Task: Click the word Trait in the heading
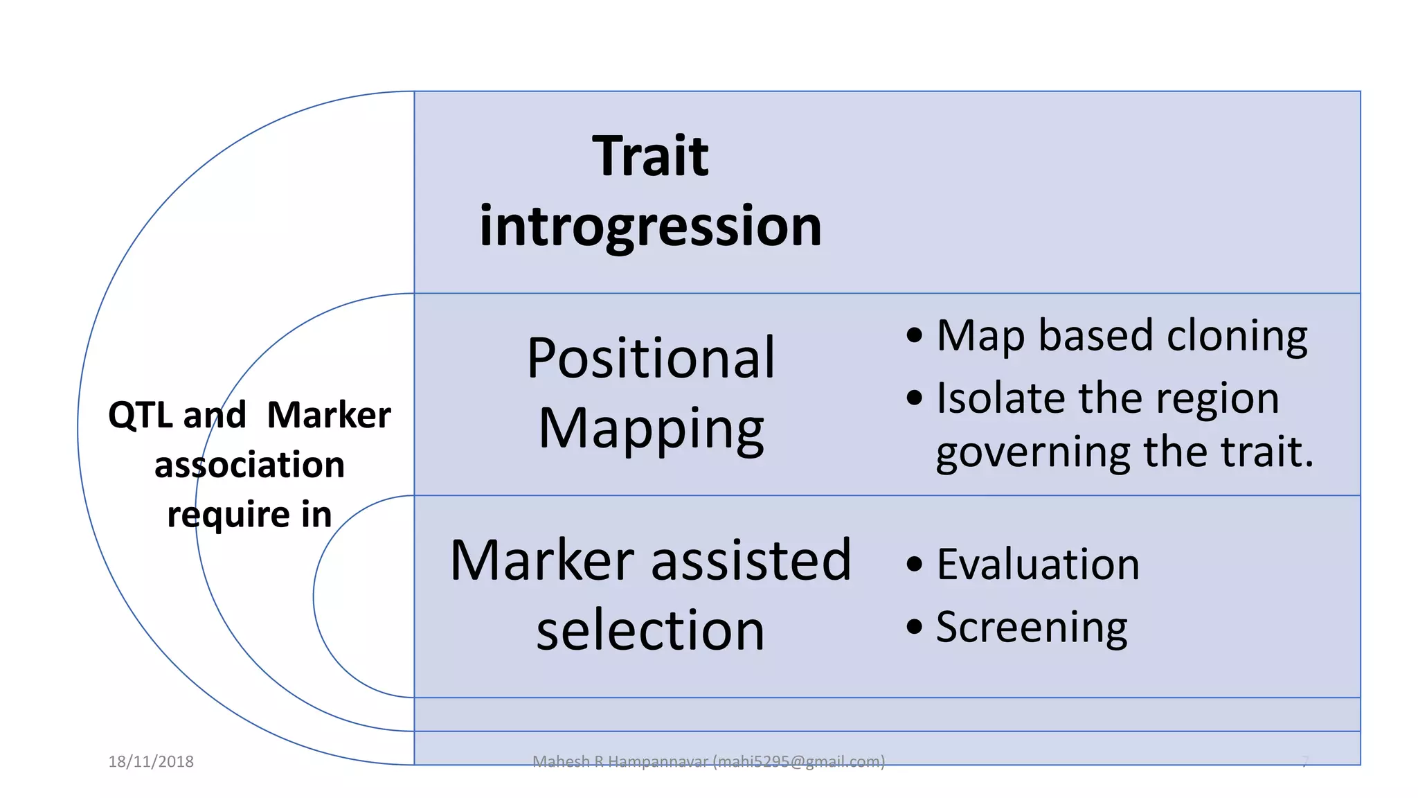click(650, 157)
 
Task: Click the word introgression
click(650, 227)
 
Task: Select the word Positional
click(650, 358)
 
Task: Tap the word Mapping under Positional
click(650, 429)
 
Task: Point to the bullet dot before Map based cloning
click(914, 335)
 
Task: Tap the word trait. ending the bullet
click(1266, 452)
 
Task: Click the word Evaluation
click(1037, 565)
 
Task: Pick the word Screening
click(1032, 628)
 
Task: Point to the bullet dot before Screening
click(914, 627)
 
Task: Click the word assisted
click(751, 560)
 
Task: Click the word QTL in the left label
click(141, 416)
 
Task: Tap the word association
click(249, 465)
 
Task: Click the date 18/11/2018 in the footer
click(151, 762)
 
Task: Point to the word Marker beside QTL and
click(328, 416)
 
